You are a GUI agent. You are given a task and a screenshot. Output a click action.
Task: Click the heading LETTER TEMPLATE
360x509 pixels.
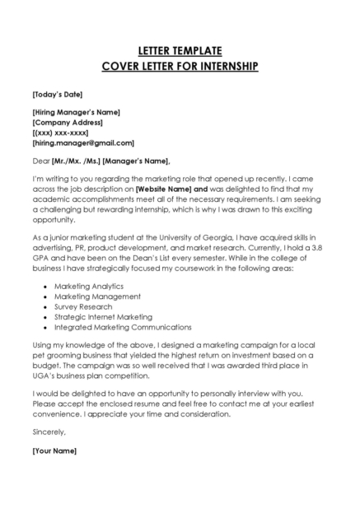180,51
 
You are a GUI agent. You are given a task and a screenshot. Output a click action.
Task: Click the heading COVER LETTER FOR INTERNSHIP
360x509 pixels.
180,66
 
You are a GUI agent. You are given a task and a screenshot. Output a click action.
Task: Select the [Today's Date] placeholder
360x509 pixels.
57,94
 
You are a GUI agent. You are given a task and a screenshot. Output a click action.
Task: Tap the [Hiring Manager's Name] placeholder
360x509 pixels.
77,112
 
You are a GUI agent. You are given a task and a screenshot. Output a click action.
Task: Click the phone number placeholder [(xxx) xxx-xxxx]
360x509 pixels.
60,133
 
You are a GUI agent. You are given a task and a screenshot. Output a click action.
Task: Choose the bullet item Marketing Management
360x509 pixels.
97,296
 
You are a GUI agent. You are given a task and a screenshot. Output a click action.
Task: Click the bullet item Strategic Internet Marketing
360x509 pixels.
103,316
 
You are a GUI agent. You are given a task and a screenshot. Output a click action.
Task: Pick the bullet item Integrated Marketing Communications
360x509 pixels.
123,327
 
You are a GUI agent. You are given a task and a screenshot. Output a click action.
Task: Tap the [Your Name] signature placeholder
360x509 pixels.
54,451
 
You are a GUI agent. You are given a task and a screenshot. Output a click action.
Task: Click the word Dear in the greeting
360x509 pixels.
41,160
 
